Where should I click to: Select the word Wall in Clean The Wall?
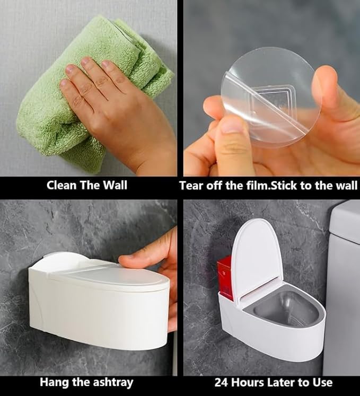(x=115, y=186)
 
